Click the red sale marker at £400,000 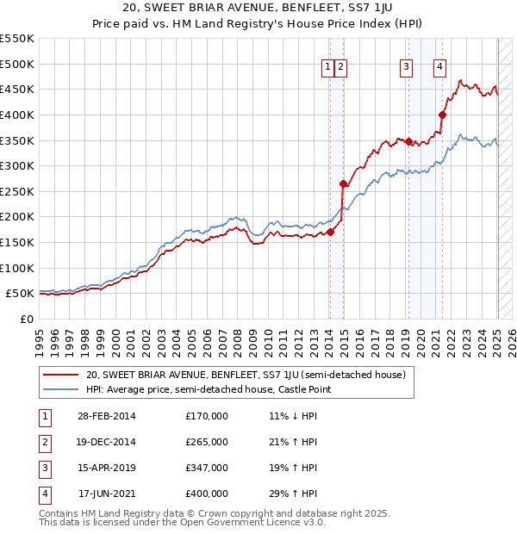pyautogui.click(x=442, y=115)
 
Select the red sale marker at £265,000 pyautogui.click(x=343, y=183)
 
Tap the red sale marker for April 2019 pyautogui.click(x=409, y=142)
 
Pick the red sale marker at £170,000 pyautogui.click(x=330, y=232)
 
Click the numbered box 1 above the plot pyautogui.click(x=328, y=68)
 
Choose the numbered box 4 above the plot pyautogui.click(x=439, y=68)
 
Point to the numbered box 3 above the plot pyautogui.click(x=406, y=68)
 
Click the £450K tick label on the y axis pyautogui.click(x=17, y=89)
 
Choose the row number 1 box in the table pyautogui.click(x=44, y=416)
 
